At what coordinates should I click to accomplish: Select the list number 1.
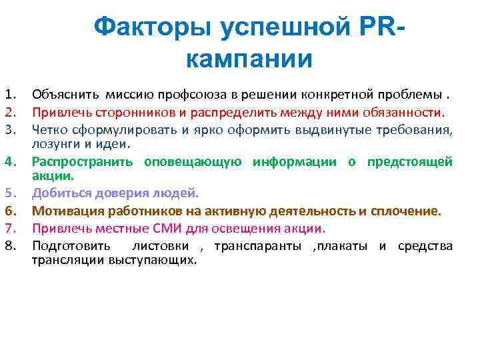point(9,92)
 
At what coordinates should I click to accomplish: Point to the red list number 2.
point(9,111)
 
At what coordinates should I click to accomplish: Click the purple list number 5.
point(9,194)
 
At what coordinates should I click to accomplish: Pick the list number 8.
point(9,247)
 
